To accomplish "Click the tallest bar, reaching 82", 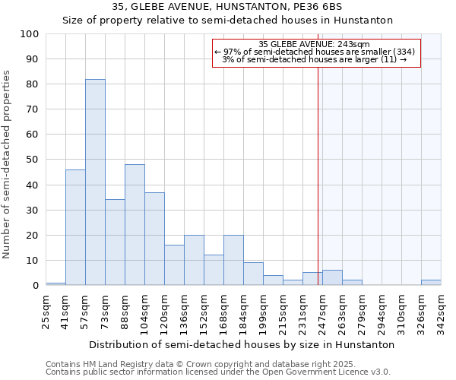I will pos(95,182).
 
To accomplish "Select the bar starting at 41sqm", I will pos(75,227).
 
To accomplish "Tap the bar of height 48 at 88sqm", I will pos(135,225).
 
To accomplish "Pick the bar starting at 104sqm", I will pos(154,239).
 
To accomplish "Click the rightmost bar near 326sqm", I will pos(431,283).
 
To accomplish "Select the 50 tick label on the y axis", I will pos(32,160).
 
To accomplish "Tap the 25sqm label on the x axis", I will pos(46,311).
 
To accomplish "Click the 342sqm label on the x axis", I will pos(442,311).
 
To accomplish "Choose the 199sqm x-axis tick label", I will pos(264,311).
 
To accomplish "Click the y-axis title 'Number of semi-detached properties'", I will pos(7,164).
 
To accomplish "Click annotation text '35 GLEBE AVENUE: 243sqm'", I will pos(314,44).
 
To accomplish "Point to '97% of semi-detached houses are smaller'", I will pos(315,52).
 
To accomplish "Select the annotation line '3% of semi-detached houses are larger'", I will pos(315,59).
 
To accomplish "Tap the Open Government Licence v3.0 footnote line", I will pos(218,372).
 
